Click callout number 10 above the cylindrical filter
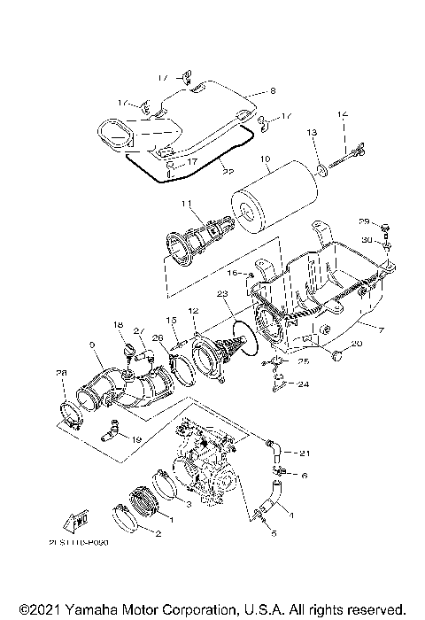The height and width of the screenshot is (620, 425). (x=264, y=161)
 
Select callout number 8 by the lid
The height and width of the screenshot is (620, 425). (x=273, y=90)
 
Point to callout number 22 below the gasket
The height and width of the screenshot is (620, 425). (x=203, y=170)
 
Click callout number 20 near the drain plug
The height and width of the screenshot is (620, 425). (x=357, y=343)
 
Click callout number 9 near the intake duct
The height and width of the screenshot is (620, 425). (x=92, y=344)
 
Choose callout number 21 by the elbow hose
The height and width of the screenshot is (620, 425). (x=306, y=453)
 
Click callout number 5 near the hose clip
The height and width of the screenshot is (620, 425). (x=274, y=534)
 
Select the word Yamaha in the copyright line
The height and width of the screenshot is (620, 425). (x=95, y=610)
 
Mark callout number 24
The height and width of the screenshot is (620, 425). (x=303, y=384)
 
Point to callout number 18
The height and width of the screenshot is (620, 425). (x=118, y=326)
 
